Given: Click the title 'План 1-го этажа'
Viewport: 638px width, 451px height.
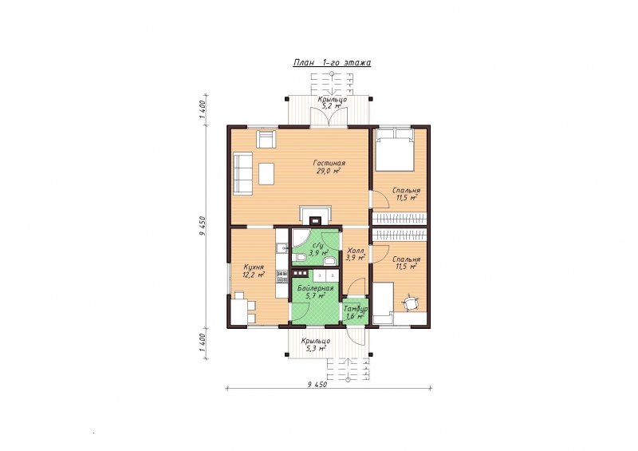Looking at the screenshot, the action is click(332, 63).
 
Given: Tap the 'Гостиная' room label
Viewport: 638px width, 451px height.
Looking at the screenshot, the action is click(329, 163).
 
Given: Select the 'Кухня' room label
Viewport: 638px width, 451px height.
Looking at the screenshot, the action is click(253, 267).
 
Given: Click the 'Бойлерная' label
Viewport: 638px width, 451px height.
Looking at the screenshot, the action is click(315, 288).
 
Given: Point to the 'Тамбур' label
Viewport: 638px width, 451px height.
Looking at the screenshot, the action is click(356, 309).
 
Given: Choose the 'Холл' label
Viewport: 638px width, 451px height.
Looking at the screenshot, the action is click(355, 250).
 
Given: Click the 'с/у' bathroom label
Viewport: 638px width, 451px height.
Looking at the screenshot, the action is click(317, 246).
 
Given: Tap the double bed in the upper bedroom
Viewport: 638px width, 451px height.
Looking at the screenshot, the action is click(394, 149).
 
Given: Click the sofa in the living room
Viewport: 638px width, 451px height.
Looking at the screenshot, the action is click(243, 172).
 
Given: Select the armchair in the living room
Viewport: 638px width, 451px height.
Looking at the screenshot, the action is click(266, 139).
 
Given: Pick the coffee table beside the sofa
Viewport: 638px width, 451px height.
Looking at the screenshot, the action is click(266, 173).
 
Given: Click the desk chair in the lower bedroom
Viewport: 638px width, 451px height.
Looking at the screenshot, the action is click(411, 303).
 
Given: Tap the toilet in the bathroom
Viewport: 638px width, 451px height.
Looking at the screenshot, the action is click(301, 257).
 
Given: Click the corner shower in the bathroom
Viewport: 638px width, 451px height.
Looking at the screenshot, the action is click(299, 239).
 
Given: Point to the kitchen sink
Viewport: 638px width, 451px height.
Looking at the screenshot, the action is click(282, 247).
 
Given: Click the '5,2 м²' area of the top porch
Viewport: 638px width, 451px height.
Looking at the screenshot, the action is click(331, 106).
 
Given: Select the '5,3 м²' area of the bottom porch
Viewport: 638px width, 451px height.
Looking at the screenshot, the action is click(316, 348).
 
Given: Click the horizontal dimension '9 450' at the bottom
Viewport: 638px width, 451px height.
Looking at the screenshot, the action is click(317, 384).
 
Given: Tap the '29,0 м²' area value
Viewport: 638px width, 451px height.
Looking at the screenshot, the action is click(329, 171).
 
